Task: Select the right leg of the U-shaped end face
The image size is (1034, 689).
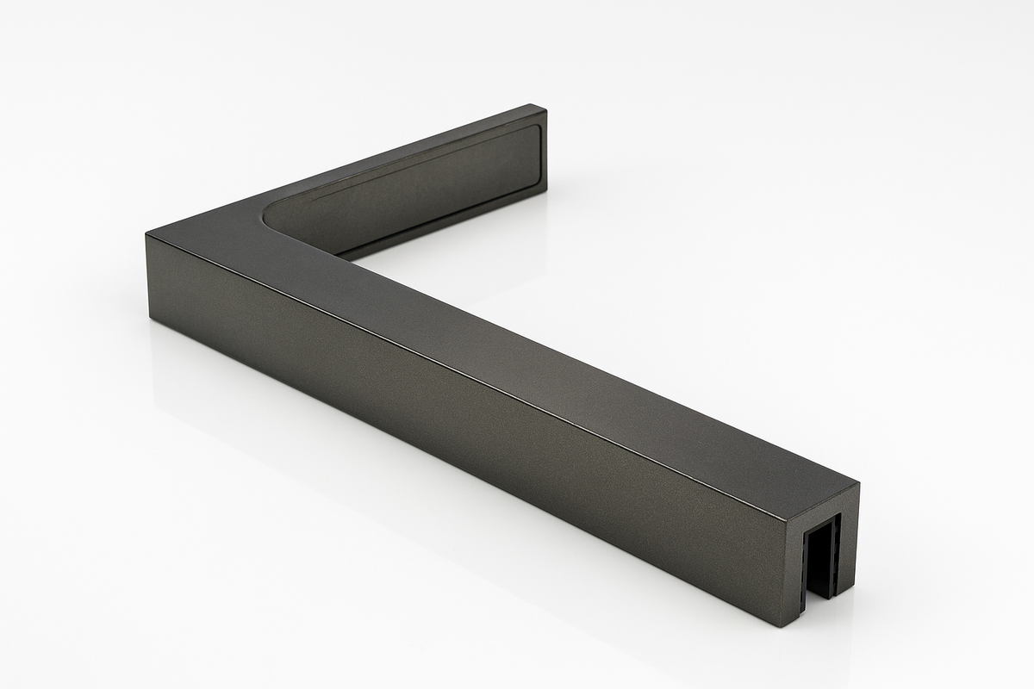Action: pos(847,551)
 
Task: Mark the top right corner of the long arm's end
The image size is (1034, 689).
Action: pos(859,484)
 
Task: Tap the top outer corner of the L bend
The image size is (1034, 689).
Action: pos(147,233)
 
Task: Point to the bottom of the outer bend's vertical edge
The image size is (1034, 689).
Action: pos(150,319)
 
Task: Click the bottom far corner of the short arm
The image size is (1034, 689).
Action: pos(546,195)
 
